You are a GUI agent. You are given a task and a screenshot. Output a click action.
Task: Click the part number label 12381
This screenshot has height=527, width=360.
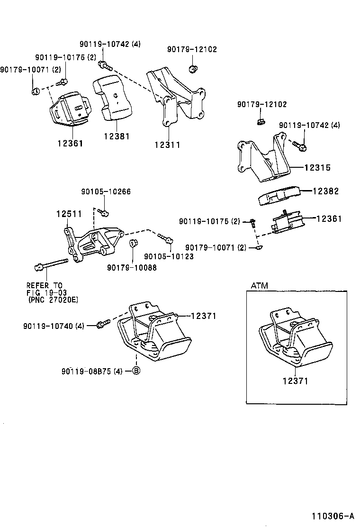117,136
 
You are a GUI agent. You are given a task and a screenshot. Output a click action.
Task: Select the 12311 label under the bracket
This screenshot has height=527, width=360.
167,145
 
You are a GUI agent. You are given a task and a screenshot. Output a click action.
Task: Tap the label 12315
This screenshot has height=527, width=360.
317,168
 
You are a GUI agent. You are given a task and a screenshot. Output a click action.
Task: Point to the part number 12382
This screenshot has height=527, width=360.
326,191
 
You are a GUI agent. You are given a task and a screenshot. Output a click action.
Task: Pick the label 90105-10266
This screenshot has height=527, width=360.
106,192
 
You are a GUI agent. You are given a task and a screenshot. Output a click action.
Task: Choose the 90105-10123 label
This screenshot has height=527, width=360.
169,256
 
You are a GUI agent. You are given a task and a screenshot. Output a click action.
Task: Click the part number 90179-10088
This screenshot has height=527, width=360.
132,267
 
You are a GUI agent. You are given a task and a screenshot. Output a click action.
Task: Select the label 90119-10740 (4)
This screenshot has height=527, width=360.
53,326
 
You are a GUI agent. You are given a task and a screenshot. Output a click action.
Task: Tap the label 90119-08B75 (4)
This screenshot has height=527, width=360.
91,371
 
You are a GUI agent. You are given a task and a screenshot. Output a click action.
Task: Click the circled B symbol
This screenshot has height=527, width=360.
136,371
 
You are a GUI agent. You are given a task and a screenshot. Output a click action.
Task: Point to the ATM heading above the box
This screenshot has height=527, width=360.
259,285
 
